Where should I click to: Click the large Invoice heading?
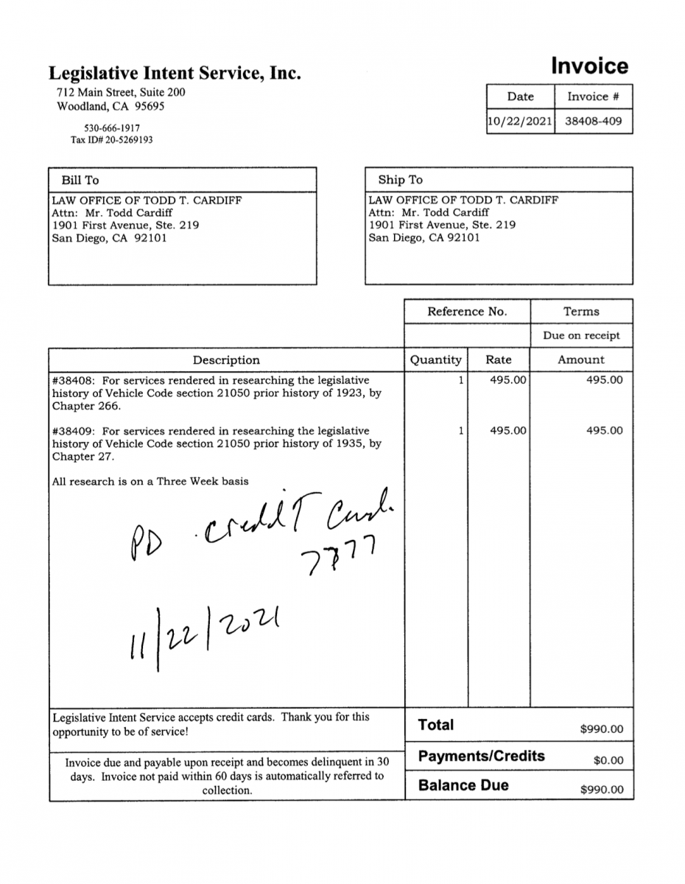[x=589, y=66]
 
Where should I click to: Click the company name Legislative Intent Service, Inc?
[x=175, y=73]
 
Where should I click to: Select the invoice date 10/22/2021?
[x=520, y=122]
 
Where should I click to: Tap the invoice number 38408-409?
[x=593, y=122]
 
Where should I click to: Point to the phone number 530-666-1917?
[x=111, y=127]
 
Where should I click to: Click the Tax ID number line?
[x=111, y=139]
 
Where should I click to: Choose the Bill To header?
[x=80, y=180]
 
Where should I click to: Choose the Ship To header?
[x=400, y=180]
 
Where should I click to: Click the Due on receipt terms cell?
[x=581, y=335]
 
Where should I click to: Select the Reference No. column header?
[x=467, y=312]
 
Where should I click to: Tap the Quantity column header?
[x=435, y=359]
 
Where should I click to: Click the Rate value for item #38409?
[x=508, y=431]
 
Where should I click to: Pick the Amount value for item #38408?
[x=604, y=380]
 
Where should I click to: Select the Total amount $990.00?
[x=601, y=729]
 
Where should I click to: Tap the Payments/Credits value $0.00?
[x=608, y=760]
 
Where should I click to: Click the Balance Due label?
[x=463, y=785]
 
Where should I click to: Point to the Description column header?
[x=226, y=360]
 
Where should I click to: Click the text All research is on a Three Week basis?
[x=150, y=482]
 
